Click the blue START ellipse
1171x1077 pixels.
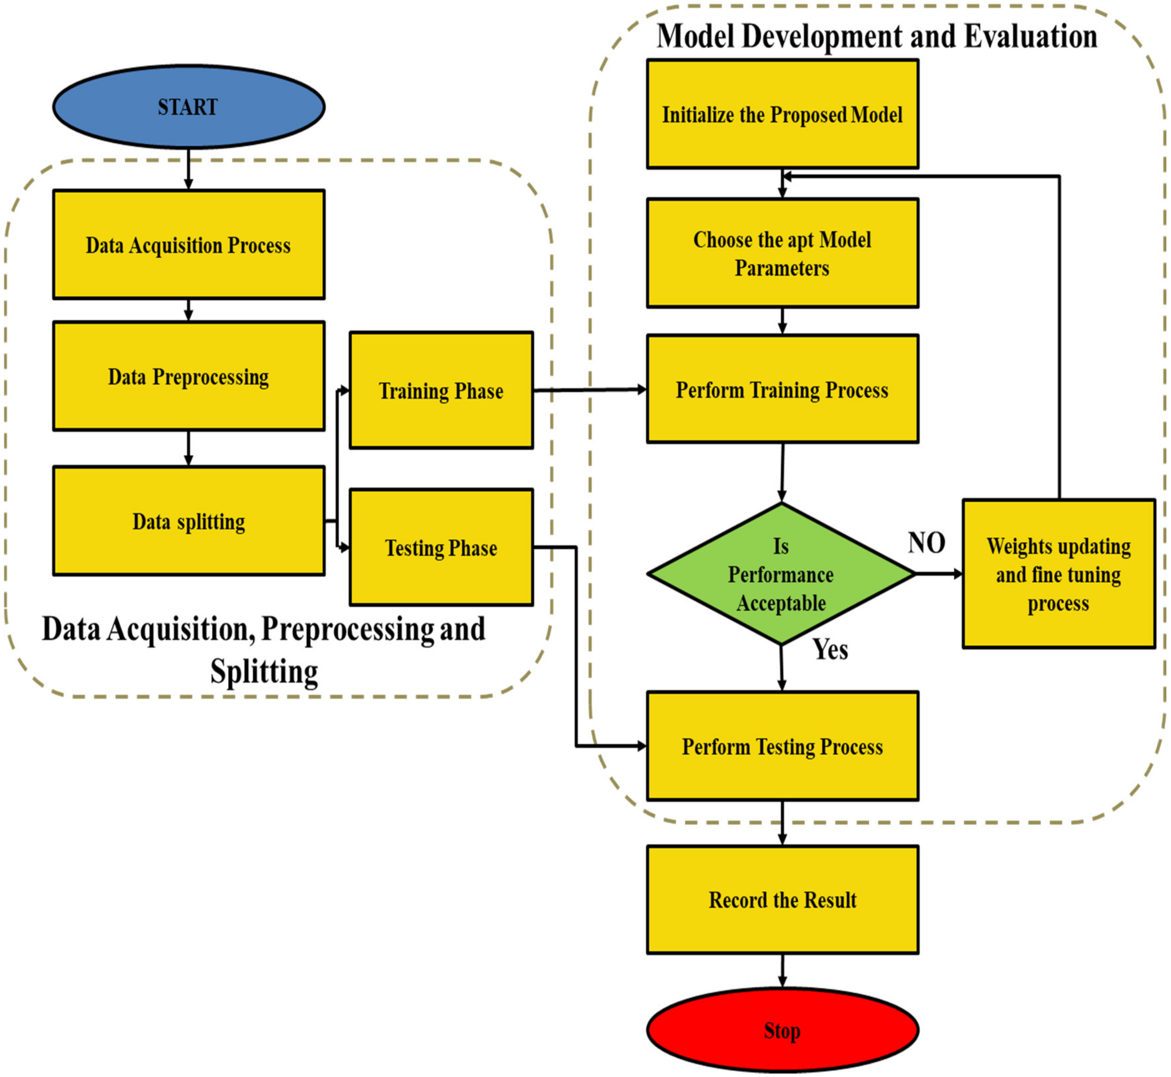click(x=188, y=107)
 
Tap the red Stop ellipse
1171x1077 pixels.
click(x=782, y=1030)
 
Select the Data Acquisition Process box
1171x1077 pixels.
click(x=188, y=245)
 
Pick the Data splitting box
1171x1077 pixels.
click(x=188, y=521)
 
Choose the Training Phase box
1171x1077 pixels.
click(x=441, y=390)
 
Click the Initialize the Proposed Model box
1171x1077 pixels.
click(x=782, y=114)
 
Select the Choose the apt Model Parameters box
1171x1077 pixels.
click(x=782, y=253)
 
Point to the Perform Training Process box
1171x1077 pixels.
click(x=782, y=389)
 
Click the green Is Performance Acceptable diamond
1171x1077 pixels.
click(x=781, y=574)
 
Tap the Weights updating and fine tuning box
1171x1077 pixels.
click(x=1059, y=574)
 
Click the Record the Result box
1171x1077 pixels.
click(x=782, y=900)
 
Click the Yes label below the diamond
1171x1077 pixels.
click(x=830, y=649)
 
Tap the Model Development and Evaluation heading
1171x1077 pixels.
click(x=877, y=36)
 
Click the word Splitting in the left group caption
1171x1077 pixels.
click(x=264, y=671)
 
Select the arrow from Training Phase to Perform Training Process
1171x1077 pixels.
click(x=589, y=390)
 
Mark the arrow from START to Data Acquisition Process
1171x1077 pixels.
click(x=188, y=169)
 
